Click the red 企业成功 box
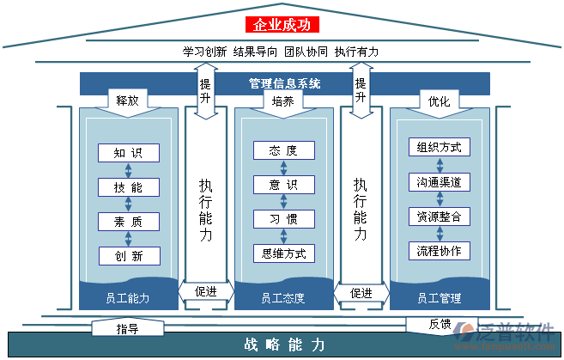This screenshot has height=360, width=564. (x=282, y=25)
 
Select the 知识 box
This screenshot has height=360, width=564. (x=129, y=153)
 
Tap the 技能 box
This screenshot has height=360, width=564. (x=129, y=187)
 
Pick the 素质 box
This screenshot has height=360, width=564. (x=129, y=221)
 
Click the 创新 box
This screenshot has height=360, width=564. (x=129, y=255)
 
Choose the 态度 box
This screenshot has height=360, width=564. (x=283, y=150)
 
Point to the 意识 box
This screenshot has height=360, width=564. (x=283, y=185)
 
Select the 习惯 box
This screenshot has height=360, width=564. (x=283, y=219)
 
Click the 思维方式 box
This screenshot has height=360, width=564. (x=283, y=253)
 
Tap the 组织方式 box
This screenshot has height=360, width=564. (x=439, y=147)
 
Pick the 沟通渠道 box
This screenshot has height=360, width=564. (x=439, y=182)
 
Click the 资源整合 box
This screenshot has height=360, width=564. (x=439, y=217)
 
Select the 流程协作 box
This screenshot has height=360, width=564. (x=439, y=251)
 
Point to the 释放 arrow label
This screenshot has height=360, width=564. (x=128, y=101)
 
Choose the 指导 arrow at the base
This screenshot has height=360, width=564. (x=128, y=328)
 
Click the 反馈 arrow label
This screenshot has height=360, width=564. (x=440, y=324)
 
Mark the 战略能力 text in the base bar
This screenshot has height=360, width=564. (x=284, y=345)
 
